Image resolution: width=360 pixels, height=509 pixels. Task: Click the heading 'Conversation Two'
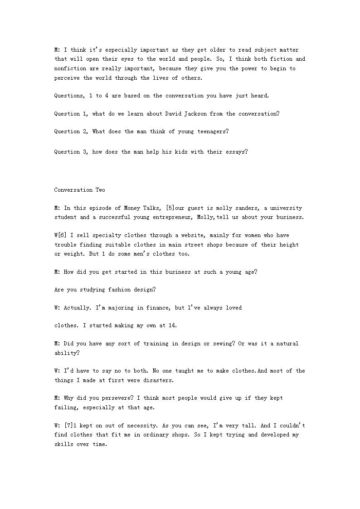[79, 190]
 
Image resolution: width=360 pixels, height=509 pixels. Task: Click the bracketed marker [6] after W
[64, 235]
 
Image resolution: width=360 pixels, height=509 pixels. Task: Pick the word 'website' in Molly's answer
[205, 235]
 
